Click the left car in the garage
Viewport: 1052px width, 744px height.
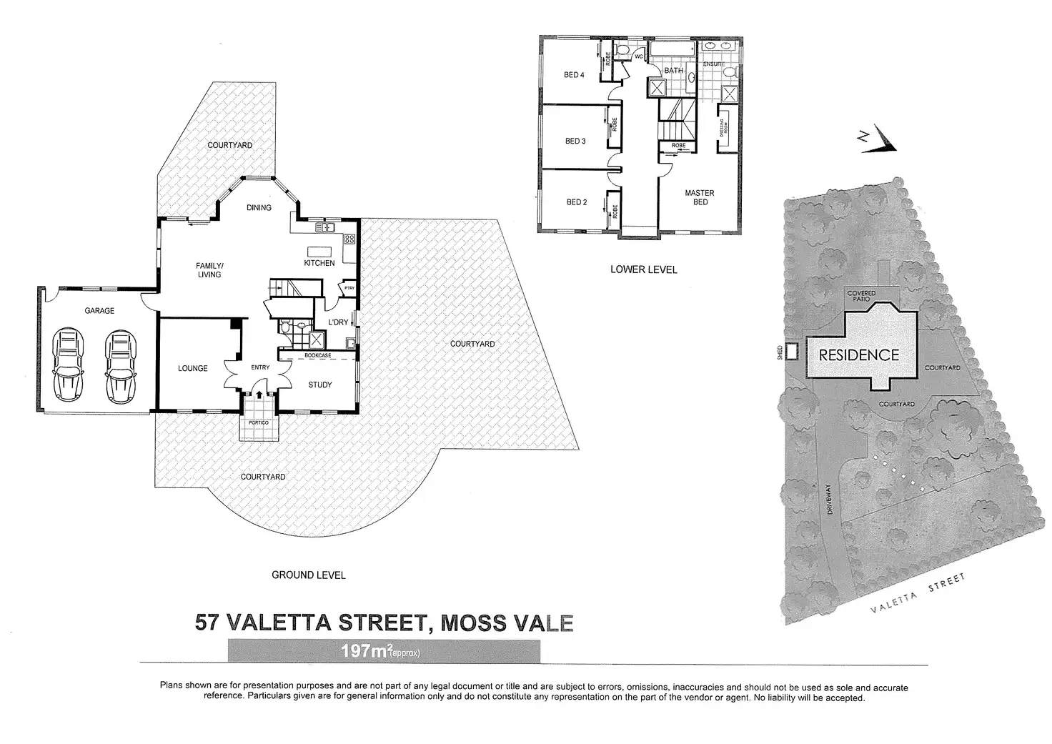(69, 364)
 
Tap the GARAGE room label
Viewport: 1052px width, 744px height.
(99, 311)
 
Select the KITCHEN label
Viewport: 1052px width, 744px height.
(319, 263)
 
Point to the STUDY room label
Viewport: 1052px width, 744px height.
(320, 385)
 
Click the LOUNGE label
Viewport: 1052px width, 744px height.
(193, 369)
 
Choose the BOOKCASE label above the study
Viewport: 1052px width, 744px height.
(317, 355)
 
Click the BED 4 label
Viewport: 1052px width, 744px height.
(575, 75)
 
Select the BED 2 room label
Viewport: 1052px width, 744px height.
(576, 202)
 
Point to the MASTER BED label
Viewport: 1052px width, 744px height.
(700, 197)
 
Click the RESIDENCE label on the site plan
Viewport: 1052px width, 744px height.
(858, 354)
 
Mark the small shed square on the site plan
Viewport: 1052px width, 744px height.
(793, 352)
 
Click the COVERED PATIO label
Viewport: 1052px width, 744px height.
(861, 296)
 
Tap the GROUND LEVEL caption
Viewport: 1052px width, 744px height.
(309, 575)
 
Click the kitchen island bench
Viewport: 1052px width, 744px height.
(317, 252)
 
